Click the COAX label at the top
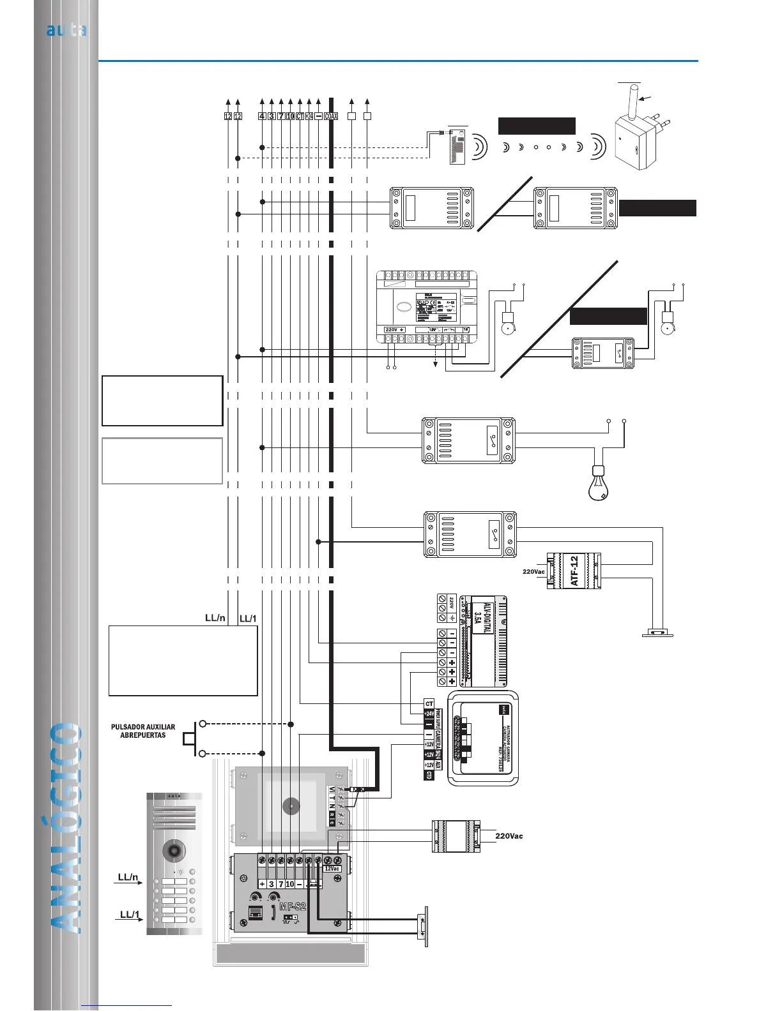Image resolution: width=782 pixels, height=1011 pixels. [331, 116]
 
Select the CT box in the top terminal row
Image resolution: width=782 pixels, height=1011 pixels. [300, 116]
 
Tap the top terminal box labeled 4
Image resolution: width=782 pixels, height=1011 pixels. [262, 116]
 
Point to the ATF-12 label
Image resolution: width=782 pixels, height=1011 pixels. [574, 570]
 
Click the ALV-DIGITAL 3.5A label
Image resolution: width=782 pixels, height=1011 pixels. [482, 617]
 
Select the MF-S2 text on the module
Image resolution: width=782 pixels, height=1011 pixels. [293, 906]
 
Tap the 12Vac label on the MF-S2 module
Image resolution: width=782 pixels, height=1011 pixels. [332, 869]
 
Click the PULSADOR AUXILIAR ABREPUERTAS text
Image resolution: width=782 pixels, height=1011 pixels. [143, 731]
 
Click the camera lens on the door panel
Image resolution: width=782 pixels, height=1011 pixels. [174, 850]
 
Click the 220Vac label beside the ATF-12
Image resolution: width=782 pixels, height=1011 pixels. [533, 572]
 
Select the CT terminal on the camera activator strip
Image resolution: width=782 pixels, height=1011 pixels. [429, 704]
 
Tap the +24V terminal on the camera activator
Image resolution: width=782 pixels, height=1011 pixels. [429, 714]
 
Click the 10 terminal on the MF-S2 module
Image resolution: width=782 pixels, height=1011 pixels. [290, 884]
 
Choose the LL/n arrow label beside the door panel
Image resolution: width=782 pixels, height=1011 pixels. [129, 878]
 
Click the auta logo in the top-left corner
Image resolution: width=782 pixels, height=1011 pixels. [66, 30]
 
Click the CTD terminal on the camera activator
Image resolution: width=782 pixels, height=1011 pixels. [429, 775]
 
